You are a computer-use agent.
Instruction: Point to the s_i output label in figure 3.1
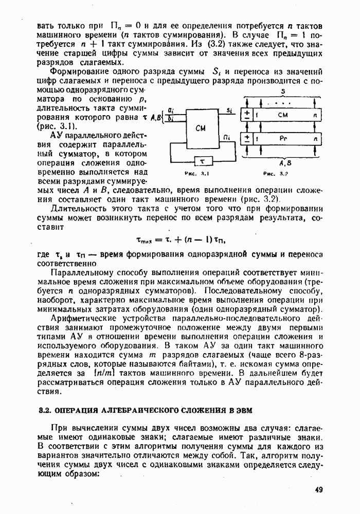(228, 110)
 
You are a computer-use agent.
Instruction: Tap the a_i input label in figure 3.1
(170, 111)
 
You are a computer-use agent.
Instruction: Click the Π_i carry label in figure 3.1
(227, 136)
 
